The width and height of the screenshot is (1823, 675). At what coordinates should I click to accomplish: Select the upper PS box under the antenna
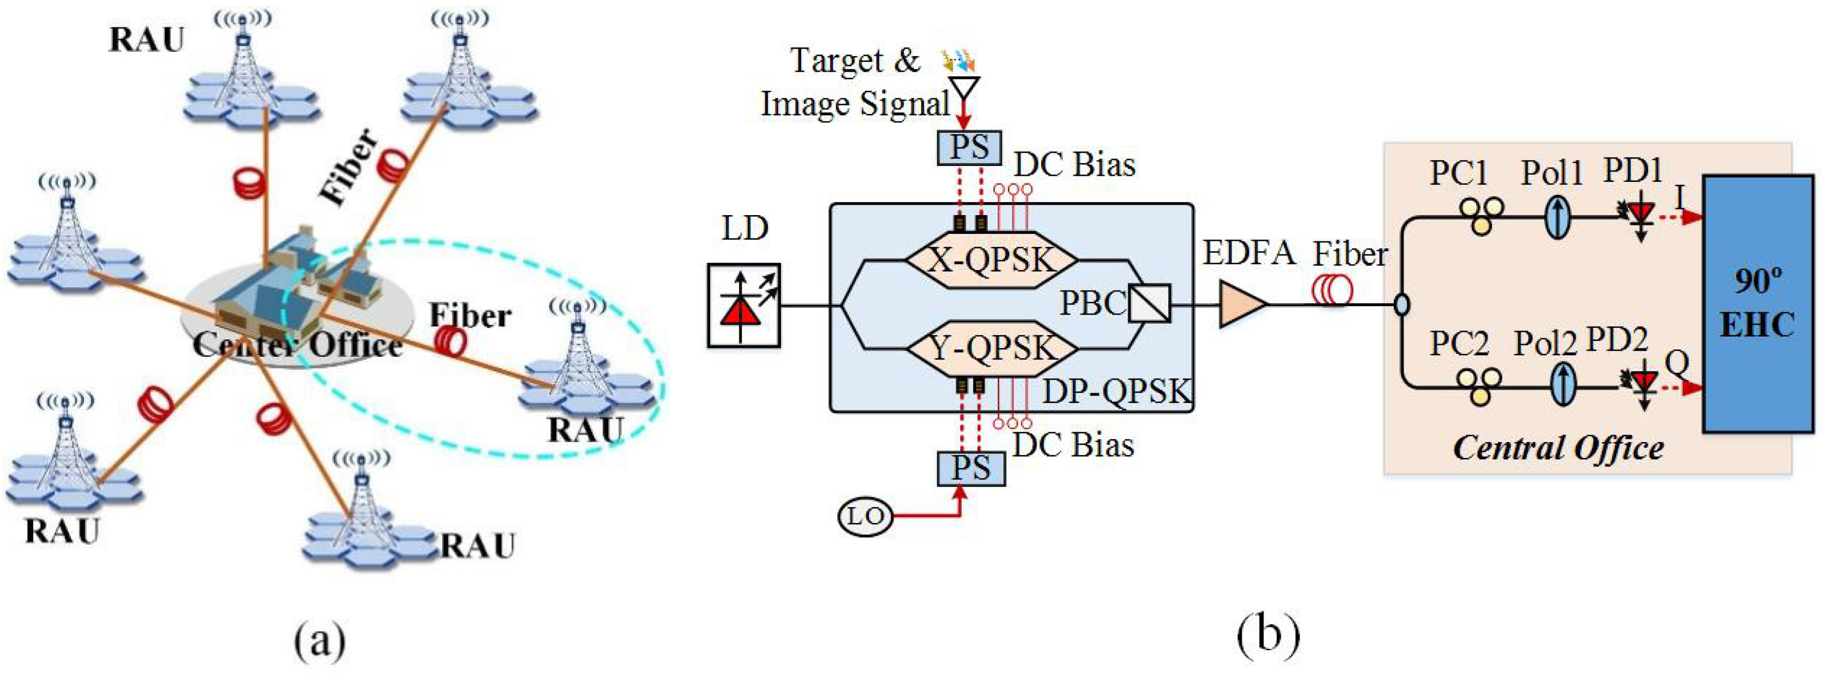click(969, 148)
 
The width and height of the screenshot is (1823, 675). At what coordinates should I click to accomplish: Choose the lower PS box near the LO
click(970, 468)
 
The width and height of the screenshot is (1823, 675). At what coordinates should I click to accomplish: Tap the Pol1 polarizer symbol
click(1557, 217)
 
